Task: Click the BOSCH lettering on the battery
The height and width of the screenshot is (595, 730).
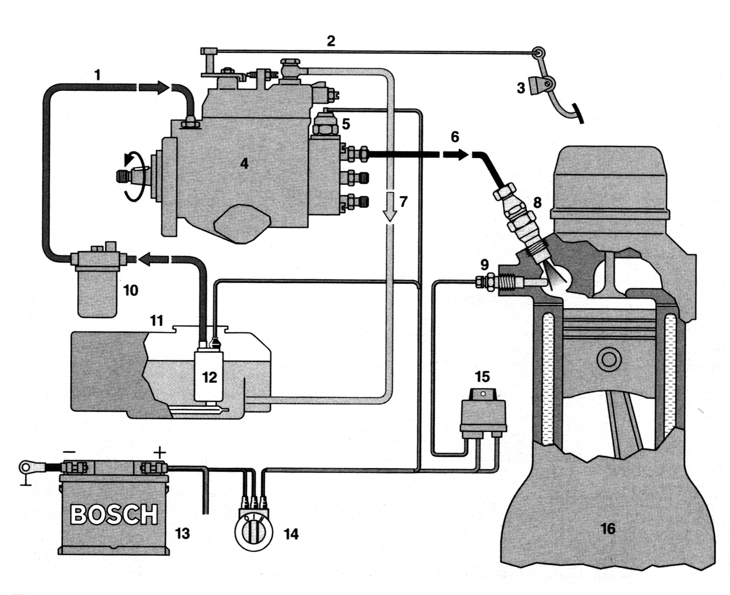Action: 114,514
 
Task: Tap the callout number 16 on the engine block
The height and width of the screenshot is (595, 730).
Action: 608,529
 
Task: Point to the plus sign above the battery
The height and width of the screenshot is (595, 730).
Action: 160,453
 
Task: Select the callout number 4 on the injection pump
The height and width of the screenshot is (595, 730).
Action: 244,164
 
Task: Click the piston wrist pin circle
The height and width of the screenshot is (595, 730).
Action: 609,359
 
